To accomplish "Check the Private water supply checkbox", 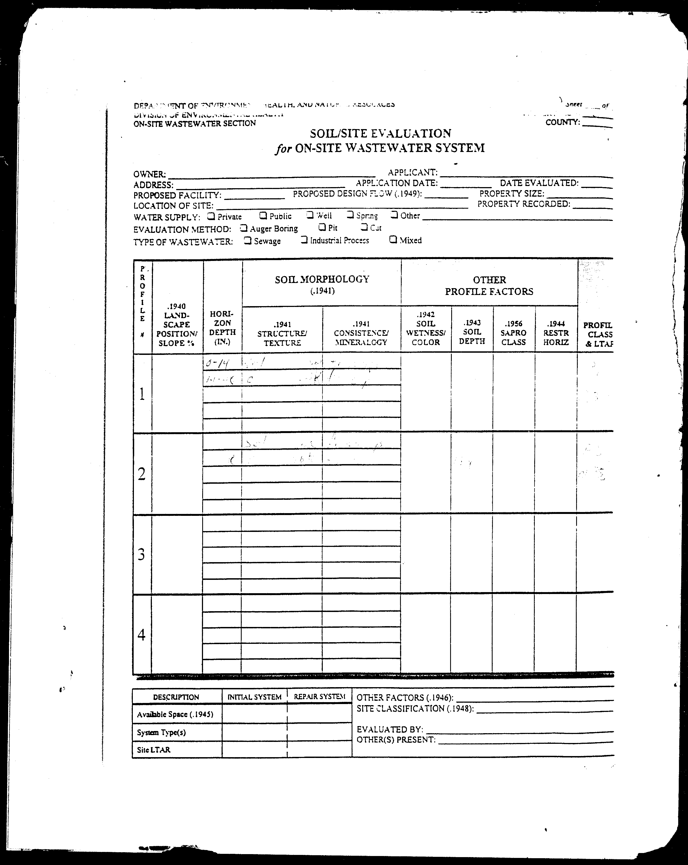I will click(x=211, y=216).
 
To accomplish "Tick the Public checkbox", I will click(x=263, y=215).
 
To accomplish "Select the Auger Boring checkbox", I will click(x=243, y=228).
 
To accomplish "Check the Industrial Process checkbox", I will click(x=304, y=240).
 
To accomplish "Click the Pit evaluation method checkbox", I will click(x=322, y=227).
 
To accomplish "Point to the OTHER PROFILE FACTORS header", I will click(x=489, y=285).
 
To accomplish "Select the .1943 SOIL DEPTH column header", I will click(x=472, y=332).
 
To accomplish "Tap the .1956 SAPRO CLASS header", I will click(x=513, y=333).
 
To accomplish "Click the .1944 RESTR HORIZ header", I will click(x=556, y=333).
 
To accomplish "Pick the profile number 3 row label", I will click(x=142, y=555).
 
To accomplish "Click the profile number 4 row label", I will click(x=142, y=634).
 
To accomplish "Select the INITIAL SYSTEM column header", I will click(x=254, y=697).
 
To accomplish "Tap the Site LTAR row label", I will click(x=153, y=750).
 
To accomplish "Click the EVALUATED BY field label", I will click(x=390, y=729).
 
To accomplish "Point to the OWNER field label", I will click(x=149, y=174).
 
